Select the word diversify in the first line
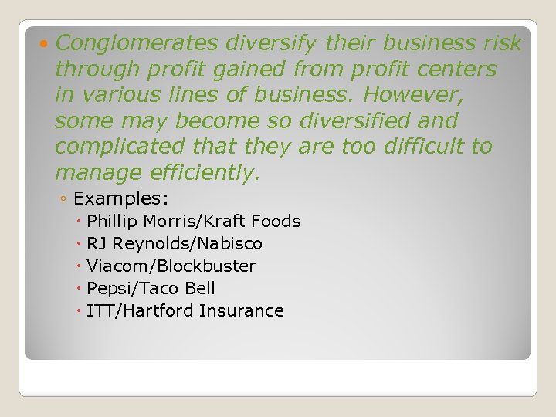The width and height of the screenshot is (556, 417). coord(259,44)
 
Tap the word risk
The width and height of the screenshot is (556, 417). coord(500,44)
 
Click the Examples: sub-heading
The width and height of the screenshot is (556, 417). coord(120,198)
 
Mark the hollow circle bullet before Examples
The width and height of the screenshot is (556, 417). coord(63,199)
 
